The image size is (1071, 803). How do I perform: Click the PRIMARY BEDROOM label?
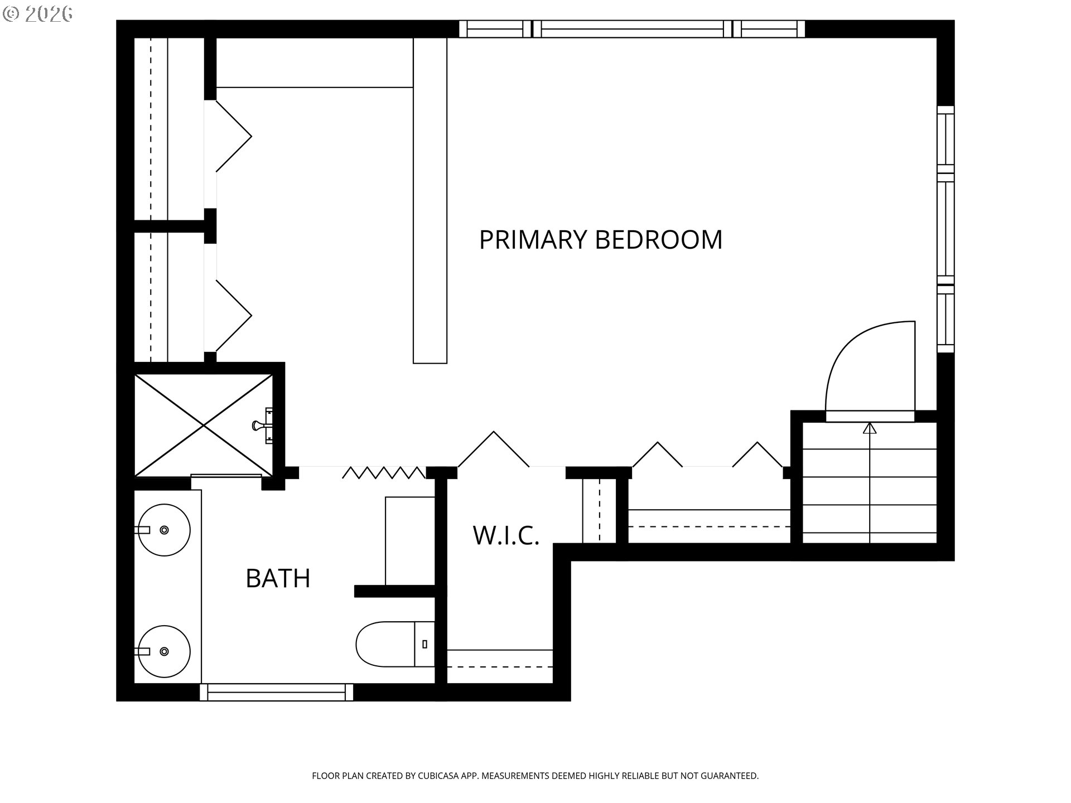point(601,240)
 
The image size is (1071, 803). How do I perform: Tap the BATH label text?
point(278,578)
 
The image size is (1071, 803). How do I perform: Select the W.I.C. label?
point(506,535)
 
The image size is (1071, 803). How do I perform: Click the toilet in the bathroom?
point(395,644)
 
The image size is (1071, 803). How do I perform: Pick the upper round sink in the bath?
point(164,530)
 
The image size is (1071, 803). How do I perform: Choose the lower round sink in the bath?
point(164,651)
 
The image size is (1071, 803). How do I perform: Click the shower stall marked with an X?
point(204,425)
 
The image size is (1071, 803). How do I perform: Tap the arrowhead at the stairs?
point(869,428)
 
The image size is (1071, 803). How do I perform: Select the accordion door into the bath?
point(384,473)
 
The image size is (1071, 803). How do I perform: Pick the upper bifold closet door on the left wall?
point(233,136)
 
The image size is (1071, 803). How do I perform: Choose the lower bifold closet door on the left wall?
point(233,316)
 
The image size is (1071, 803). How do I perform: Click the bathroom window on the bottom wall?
point(277,692)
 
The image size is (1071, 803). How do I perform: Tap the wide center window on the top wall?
point(632,28)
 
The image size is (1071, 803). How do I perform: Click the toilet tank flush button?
point(425,644)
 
